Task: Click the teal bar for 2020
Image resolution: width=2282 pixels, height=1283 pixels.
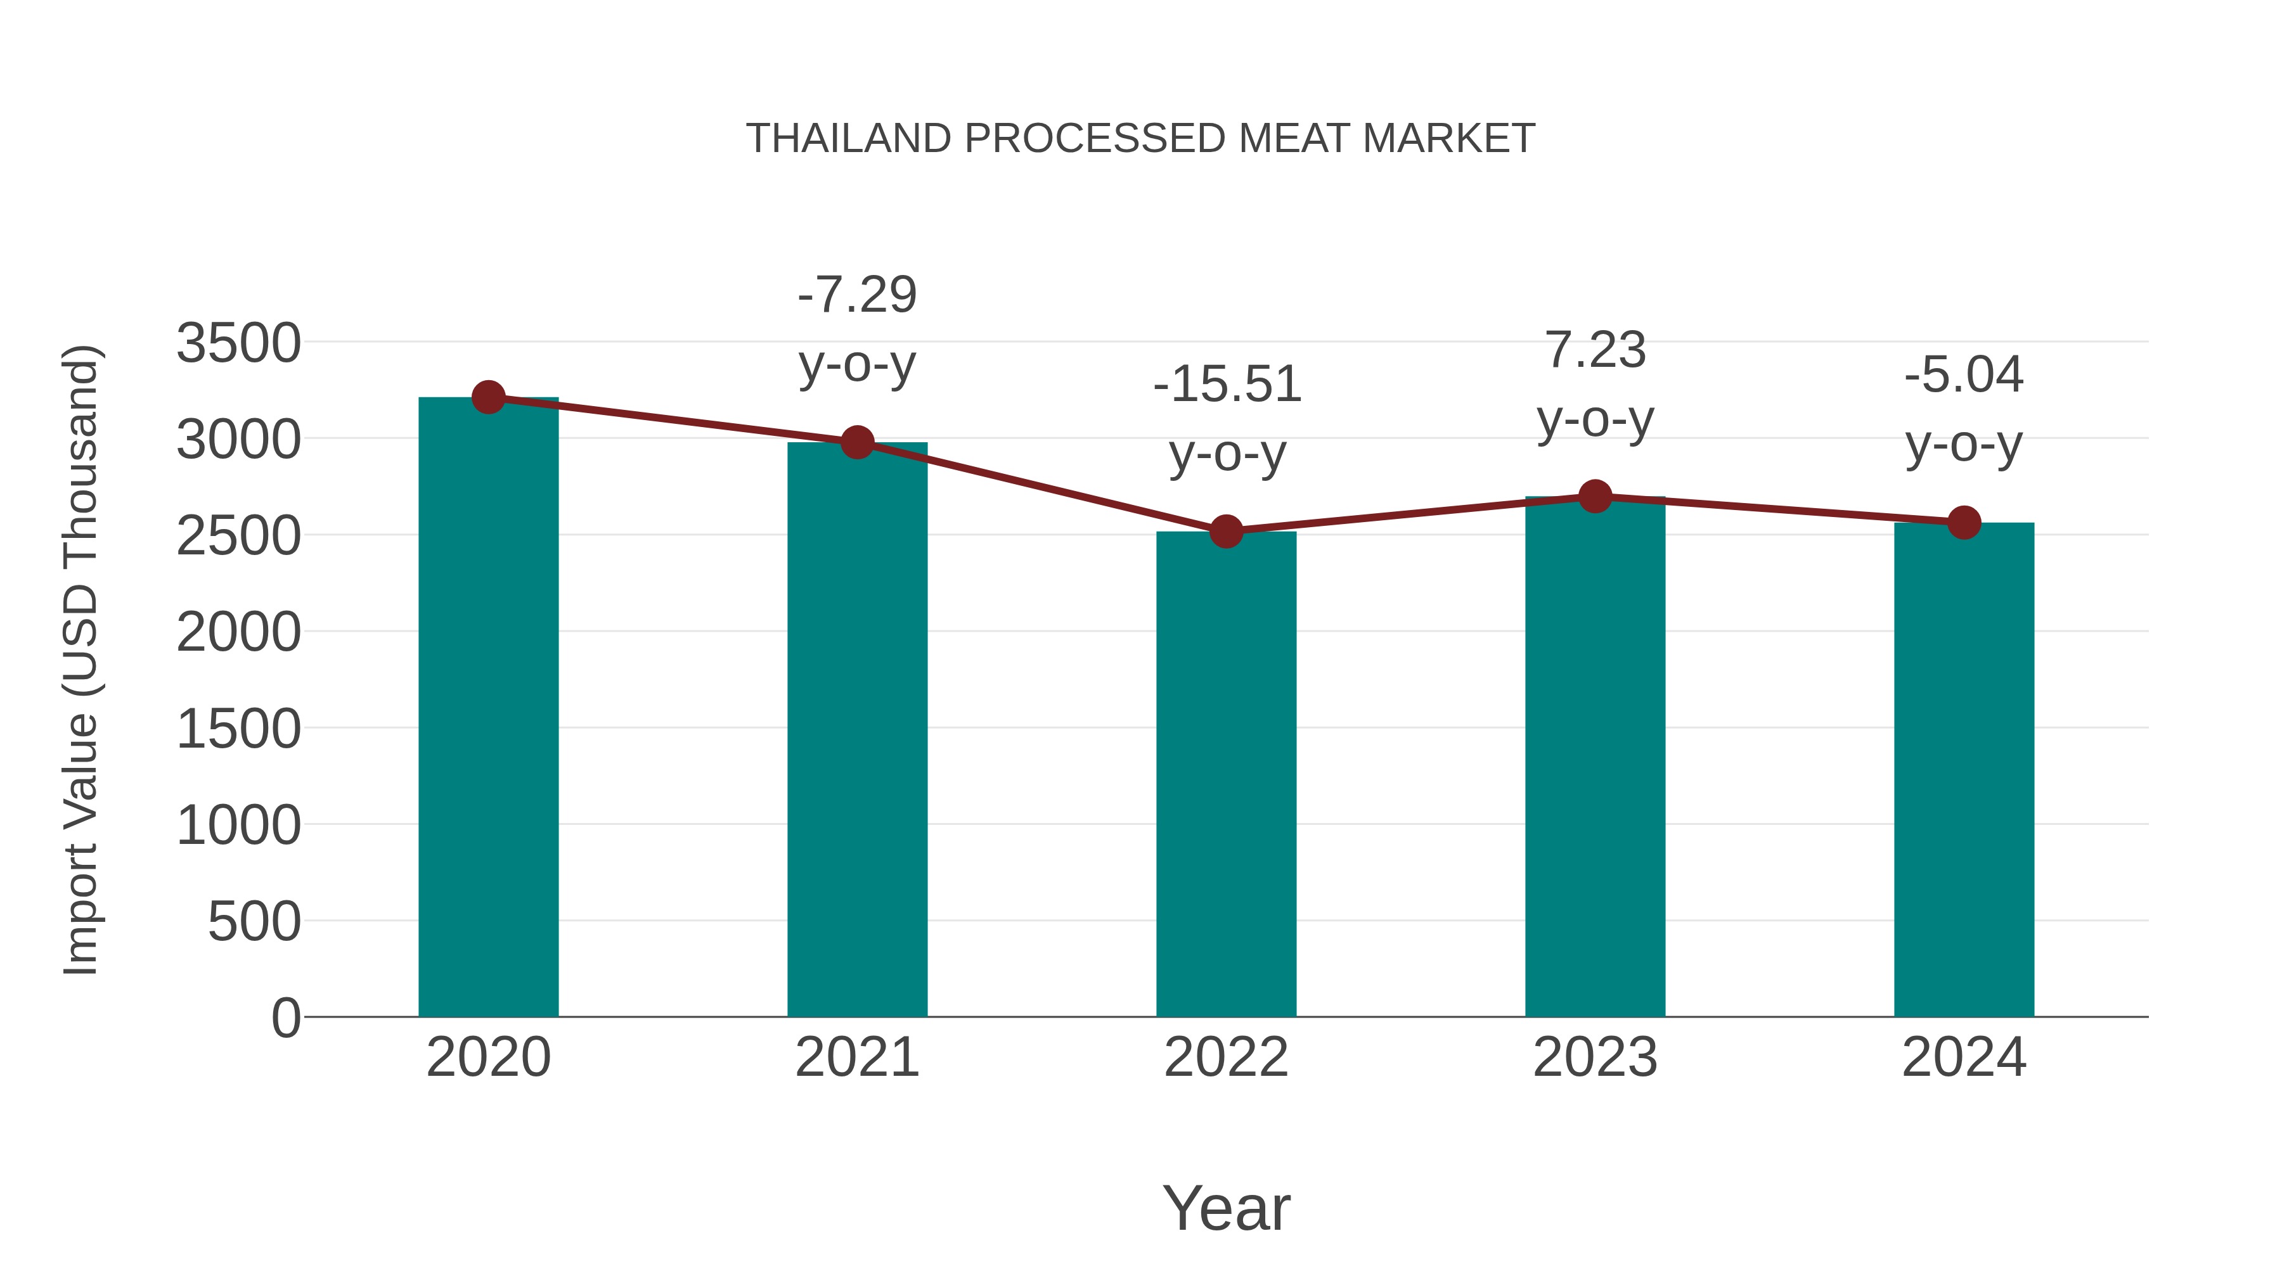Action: coord(488,708)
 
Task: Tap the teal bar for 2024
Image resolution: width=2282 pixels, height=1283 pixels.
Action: coord(1964,770)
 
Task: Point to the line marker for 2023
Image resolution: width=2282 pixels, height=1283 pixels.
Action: coord(1595,497)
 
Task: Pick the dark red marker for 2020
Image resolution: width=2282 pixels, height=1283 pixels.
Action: coord(488,397)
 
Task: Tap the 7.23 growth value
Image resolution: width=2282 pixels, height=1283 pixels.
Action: coord(1595,350)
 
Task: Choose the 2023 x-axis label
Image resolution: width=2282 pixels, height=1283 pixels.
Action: coord(1595,1057)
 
